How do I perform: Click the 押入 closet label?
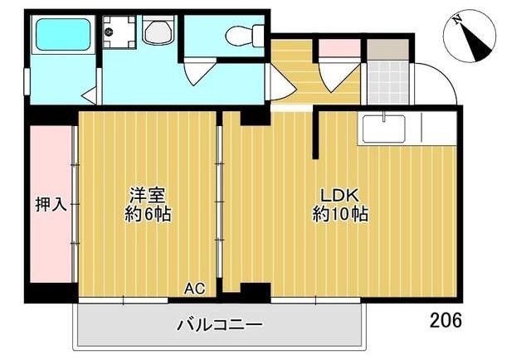pyautogui.click(x=51, y=202)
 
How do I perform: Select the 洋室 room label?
pyautogui.click(x=148, y=196)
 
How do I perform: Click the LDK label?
pyautogui.click(x=340, y=196)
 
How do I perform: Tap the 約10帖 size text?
pyautogui.click(x=340, y=214)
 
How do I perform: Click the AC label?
pyautogui.click(x=194, y=289)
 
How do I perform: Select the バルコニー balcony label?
pyautogui.click(x=219, y=325)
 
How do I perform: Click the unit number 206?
pyautogui.click(x=446, y=319)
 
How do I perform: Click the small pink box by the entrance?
pyautogui.click(x=337, y=48)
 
